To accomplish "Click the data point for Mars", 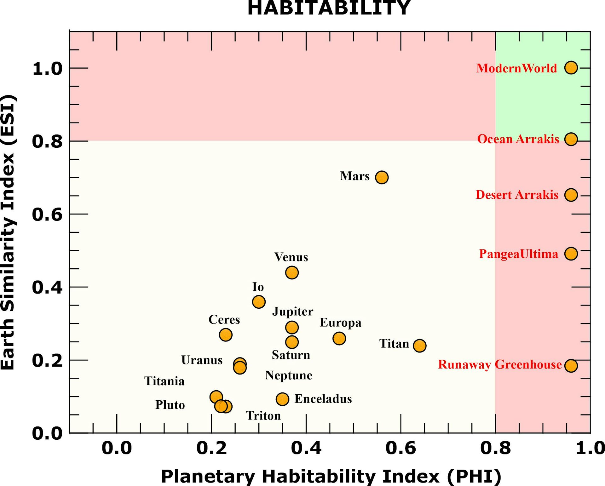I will (x=382, y=177).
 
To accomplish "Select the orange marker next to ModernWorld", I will (x=571, y=68).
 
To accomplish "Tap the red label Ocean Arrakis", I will (x=518, y=139).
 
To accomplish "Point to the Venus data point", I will (x=292, y=272).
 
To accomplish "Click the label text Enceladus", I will (x=323, y=399).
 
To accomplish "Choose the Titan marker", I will (x=419, y=346).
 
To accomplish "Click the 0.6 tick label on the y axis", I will (x=47, y=214).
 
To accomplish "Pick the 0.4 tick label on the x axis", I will (x=306, y=448).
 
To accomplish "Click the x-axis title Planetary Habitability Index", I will (x=331, y=476).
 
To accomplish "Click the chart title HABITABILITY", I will (x=329, y=8).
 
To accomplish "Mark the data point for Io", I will (x=259, y=302).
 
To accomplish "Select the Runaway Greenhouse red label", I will (x=500, y=364).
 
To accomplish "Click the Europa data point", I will (x=339, y=338).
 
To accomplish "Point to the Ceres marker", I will (x=226, y=334).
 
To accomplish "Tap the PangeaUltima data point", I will (x=571, y=254).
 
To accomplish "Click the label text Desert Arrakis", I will (x=517, y=195).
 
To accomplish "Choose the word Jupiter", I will (x=293, y=312).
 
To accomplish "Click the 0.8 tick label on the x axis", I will (x=495, y=448).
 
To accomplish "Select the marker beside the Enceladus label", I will (x=282, y=399).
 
